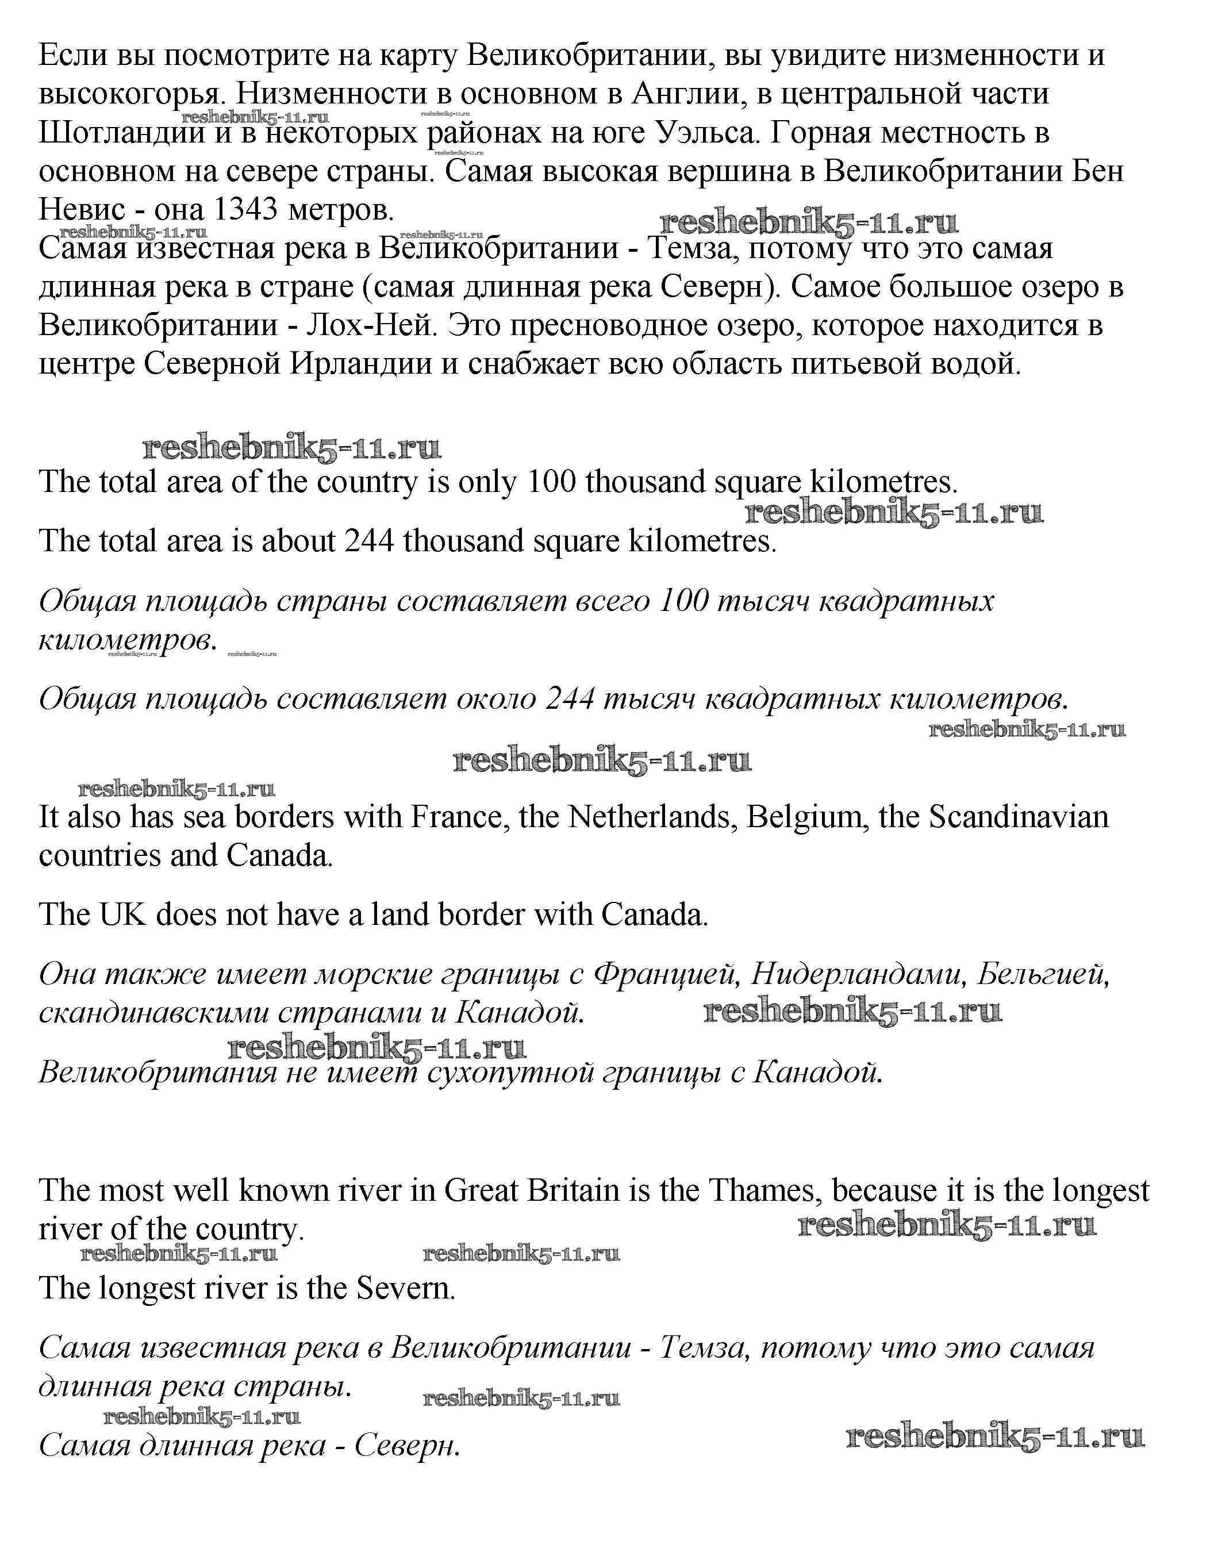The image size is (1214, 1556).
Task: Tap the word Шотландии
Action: click(x=122, y=133)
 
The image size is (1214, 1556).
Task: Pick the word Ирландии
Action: click(x=361, y=364)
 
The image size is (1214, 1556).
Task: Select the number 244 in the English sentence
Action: click(x=370, y=541)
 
